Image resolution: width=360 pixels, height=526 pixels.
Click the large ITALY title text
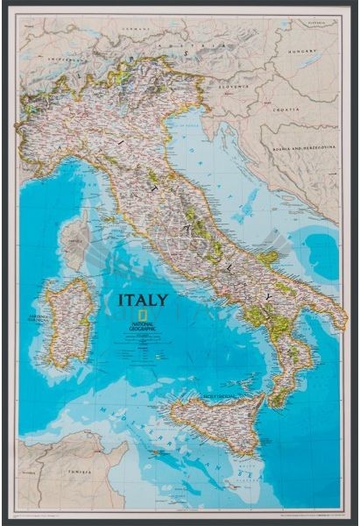(x=143, y=300)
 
